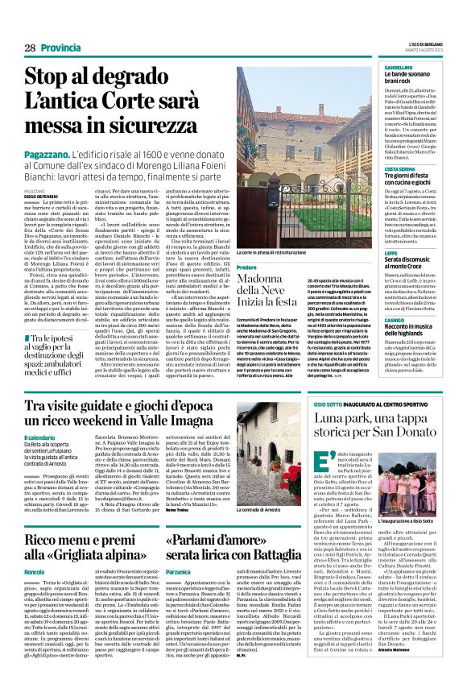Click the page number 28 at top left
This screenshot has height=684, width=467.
(30, 48)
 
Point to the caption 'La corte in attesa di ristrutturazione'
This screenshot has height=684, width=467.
(275, 252)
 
